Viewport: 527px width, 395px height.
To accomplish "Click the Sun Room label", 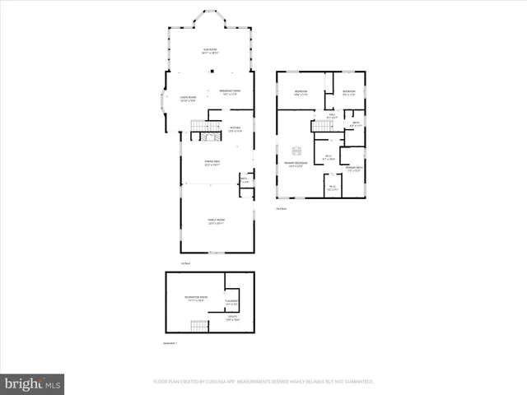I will coord(210,51).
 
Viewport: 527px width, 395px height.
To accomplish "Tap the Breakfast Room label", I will coord(230,92).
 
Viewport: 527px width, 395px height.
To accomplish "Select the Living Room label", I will coord(188,100).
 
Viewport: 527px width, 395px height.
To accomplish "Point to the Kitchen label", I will coord(235,129).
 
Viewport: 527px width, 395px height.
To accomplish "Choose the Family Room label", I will coord(216,221).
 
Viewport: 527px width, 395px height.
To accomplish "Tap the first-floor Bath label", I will coord(244,179).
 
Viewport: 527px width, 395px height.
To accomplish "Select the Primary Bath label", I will coord(353,169).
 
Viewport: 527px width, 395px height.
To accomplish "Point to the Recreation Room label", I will coord(196,298).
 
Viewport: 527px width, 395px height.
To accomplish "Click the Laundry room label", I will coord(231,303).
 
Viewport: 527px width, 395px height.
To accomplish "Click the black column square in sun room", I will coord(212,72).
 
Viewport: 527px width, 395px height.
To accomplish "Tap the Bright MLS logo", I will coord(32,383).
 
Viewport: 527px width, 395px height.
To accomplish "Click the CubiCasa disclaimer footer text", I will coord(263,382).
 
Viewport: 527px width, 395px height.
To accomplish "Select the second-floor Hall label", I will coord(332,117).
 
